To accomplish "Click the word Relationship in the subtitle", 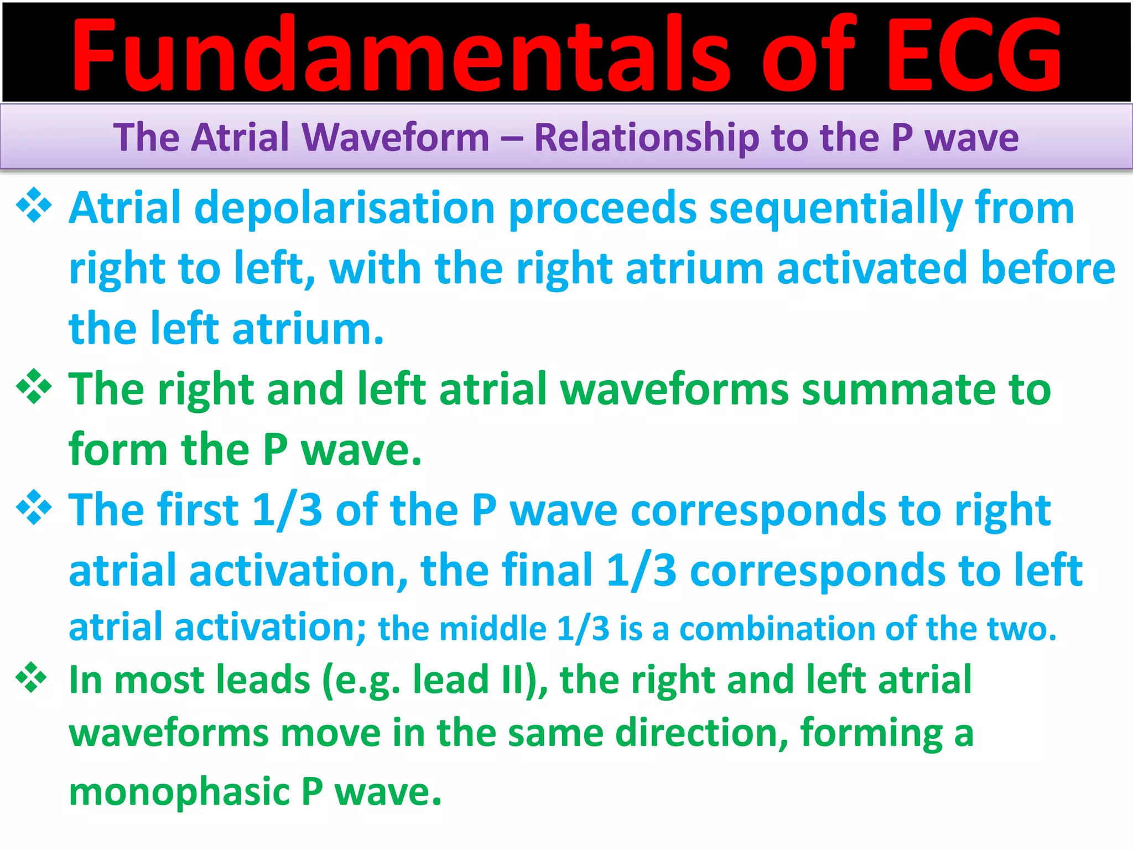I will click(646, 137).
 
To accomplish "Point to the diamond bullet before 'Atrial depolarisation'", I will click(34, 206).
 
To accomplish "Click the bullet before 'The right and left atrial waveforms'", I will click(34, 386).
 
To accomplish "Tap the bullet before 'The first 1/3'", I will click(34, 507).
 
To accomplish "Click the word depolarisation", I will click(344, 208).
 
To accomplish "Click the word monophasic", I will click(179, 792).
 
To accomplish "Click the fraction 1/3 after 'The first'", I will click(287, 510).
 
